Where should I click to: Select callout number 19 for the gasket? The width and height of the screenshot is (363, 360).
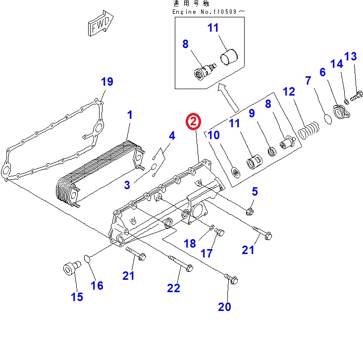click(107, 82)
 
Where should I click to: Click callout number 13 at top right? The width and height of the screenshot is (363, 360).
click(350, 57)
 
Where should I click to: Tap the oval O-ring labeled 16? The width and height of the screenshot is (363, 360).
click(86, 259)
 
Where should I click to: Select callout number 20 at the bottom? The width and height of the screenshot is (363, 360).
click(224, 307)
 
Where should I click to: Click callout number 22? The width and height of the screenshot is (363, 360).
click(173, 288)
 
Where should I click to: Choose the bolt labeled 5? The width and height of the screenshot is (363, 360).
click(250, 212)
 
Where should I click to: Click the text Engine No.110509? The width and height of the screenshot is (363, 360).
click(208, 11)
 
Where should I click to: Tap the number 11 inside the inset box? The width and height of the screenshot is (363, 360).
click(213, 28)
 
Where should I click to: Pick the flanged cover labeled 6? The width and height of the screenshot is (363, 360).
click(341, 113)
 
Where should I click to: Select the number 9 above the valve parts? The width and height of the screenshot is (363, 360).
click(252, 113)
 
